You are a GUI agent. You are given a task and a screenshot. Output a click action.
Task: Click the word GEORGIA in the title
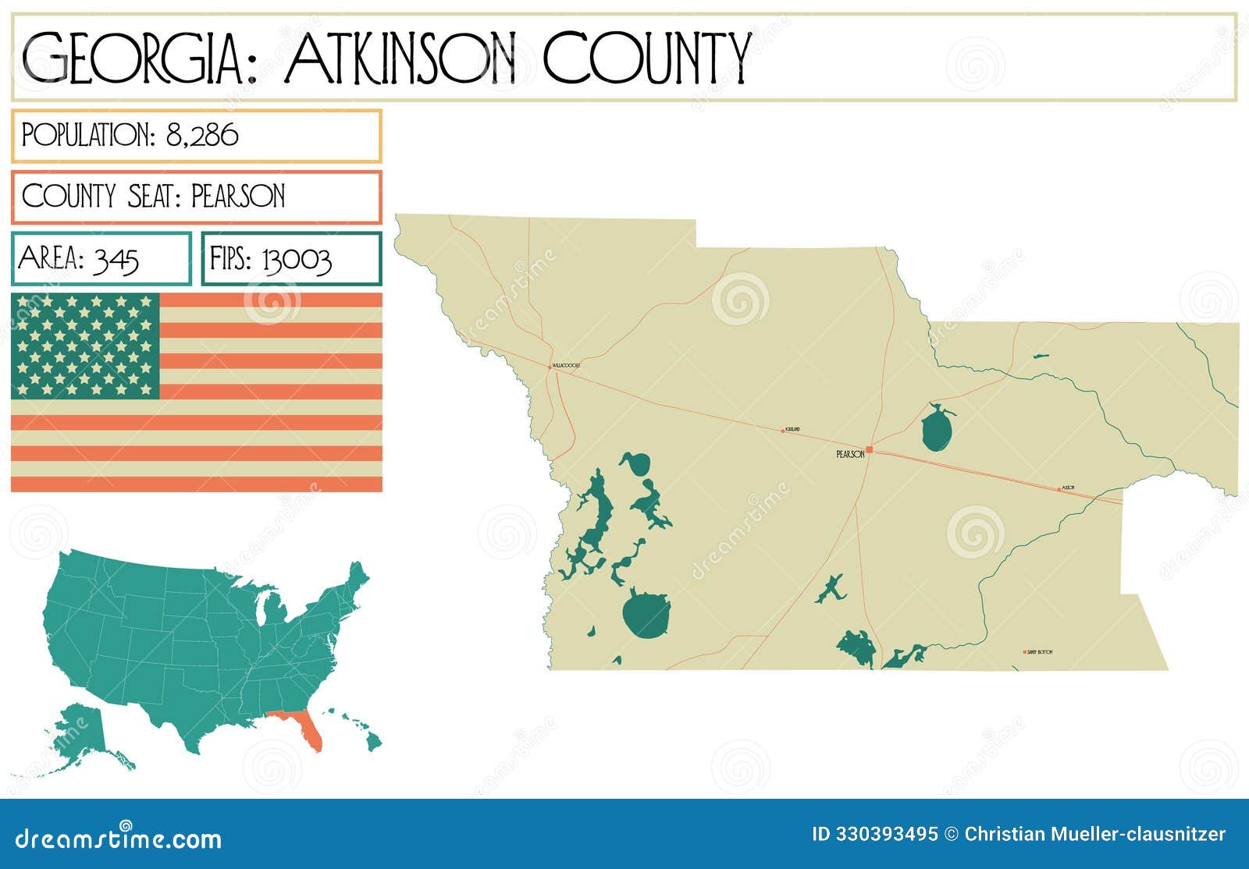(133, 59)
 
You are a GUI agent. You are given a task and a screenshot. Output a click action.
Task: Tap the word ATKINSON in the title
(401, 59)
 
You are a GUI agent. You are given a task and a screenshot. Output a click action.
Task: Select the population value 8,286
(202, 136)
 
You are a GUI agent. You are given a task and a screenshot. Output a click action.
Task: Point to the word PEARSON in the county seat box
(238, 197)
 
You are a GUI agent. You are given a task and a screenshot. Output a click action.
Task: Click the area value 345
(116, 260)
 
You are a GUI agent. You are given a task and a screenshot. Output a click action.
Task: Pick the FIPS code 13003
(297, 260)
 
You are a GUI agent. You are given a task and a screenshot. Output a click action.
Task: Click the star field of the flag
(85, 346)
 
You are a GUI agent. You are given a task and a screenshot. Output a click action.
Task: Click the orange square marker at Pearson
(869, 449)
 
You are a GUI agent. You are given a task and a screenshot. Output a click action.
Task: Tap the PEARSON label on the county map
(850, 454)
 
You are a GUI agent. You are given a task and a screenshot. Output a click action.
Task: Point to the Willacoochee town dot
(549, 366)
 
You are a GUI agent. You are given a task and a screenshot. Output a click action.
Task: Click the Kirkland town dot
(783, 431)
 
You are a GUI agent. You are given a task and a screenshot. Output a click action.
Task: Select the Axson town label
(1069, 488)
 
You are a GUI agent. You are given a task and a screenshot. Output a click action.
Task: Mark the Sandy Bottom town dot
(1024, 652)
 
